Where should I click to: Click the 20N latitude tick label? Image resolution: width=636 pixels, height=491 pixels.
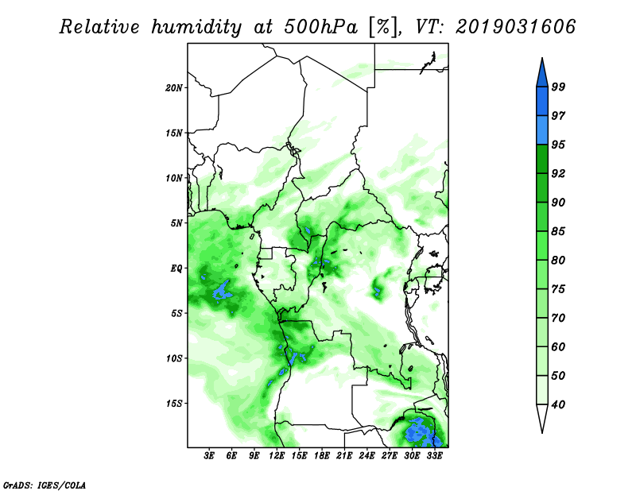pos(173,88)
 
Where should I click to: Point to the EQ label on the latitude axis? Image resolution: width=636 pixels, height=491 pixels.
pos(176,269)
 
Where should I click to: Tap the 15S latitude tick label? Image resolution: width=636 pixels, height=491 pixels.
pos(173,404)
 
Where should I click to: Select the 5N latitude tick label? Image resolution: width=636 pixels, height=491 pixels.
pos(176,223)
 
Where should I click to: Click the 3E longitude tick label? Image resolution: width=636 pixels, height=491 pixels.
pos(209,456)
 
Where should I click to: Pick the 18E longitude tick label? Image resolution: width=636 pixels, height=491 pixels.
pos(322,456)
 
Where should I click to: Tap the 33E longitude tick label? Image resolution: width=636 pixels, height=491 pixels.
pos(434,456)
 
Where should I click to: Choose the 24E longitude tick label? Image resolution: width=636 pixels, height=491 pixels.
pos(366,456)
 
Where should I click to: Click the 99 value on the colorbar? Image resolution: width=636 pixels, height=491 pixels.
pos(558,87)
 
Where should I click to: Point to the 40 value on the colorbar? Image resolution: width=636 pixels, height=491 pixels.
pos(558,404)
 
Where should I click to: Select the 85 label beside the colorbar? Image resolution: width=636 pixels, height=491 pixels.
pos(558,231)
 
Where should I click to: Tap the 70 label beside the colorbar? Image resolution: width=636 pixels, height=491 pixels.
pos(558,318)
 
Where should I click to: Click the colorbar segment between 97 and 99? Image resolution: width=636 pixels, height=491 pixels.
pos(542,102)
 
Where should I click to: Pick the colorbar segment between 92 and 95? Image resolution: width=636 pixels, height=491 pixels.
pos(542,159)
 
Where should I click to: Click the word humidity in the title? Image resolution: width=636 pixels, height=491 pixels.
pos(196,27)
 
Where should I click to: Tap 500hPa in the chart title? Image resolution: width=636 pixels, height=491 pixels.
pos(320,27)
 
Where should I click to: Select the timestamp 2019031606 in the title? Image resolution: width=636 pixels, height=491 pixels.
pos(515,27)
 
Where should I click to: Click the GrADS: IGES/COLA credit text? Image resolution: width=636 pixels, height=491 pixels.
pos(45,485)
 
